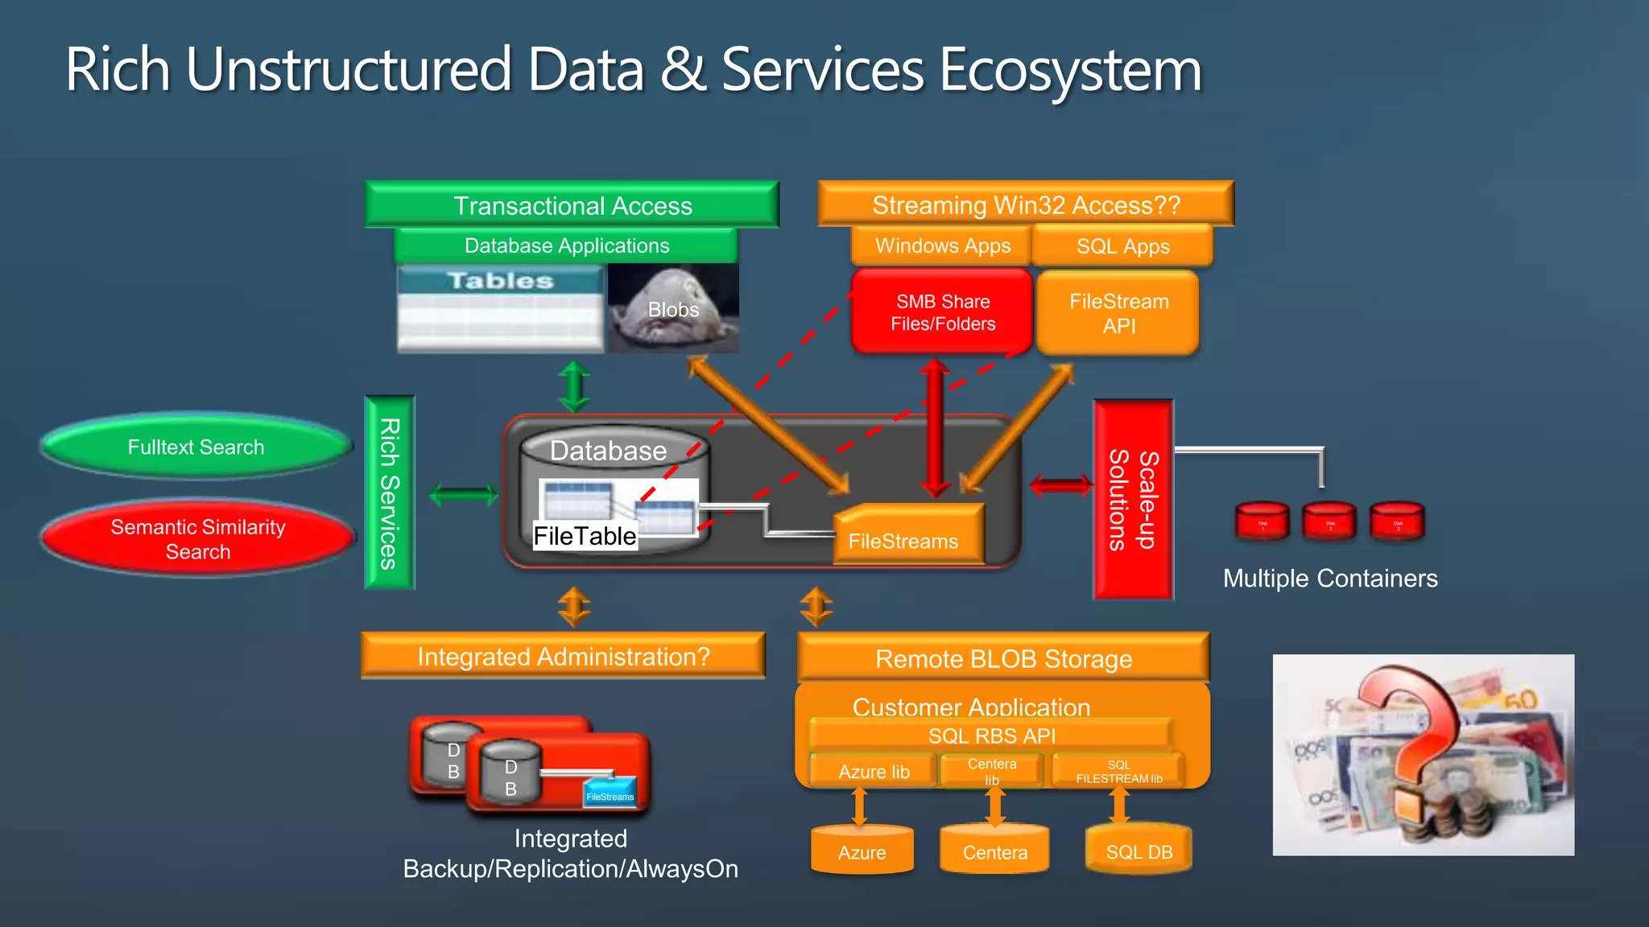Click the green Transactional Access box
572,205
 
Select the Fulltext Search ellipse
196,447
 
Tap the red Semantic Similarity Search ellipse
198,539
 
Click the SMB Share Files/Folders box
942,312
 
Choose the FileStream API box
1118,313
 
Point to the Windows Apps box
942,245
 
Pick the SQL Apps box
1122,246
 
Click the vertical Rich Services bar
390,492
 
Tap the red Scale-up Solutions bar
1133,500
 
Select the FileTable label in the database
585,536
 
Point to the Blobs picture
673,309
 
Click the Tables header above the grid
500,281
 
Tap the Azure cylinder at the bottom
862,851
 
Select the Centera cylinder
994,851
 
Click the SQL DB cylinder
1139,850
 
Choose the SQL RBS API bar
991,735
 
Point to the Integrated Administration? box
563,657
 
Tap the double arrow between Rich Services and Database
463,494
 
